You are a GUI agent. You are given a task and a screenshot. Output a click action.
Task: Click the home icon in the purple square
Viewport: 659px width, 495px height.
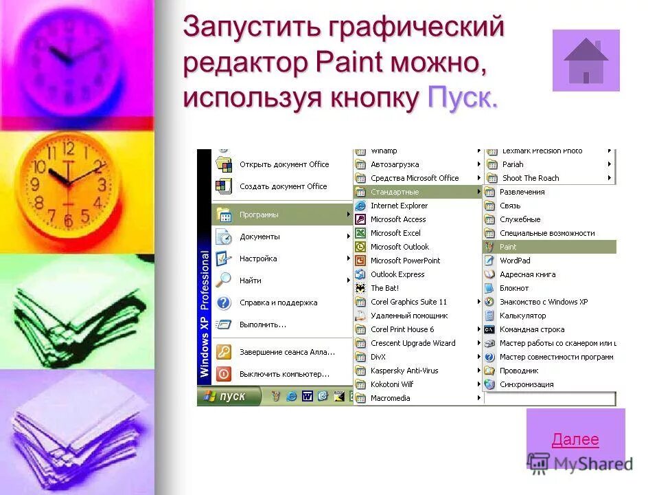[x=586, y=60]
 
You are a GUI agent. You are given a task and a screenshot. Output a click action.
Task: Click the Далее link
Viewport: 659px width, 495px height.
[x=575, y=440]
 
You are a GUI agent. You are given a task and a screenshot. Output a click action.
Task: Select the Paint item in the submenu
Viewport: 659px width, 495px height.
[x=509, y=247]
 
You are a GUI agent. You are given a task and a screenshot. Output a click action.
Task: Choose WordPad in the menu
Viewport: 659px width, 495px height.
[x=515, y=261]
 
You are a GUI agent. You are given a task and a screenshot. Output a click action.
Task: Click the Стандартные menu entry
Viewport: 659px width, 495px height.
[x=395, y=192]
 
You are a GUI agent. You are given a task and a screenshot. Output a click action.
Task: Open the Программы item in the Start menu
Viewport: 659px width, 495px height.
[x=259, y=214]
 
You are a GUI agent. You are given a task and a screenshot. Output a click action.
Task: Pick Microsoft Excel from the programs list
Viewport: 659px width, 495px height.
[x=395, y=233]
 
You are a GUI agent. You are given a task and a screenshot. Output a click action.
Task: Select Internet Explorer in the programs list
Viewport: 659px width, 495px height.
[x=399, y=206]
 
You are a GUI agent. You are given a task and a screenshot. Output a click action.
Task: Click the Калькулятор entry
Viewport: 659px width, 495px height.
[x=522, y=316]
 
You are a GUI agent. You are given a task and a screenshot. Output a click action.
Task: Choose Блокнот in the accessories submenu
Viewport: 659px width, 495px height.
[x=514, y=288]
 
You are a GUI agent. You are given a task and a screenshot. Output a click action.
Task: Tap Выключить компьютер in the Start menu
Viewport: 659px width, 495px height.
[x=284, y=374]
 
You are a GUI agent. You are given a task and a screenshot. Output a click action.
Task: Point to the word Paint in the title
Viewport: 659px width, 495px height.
[x=349, y=63]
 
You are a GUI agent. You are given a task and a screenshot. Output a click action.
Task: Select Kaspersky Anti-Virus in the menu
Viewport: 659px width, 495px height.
[x=404, y=371]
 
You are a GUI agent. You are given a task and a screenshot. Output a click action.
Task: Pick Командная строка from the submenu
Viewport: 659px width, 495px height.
[x=532, y=329]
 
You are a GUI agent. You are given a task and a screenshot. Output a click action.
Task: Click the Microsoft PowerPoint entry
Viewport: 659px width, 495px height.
[x=405, y=261]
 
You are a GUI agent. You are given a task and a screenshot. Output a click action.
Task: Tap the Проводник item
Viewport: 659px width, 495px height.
[x=519, y=371]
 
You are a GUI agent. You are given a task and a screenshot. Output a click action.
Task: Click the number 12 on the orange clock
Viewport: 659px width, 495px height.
[x=68, y=149]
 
